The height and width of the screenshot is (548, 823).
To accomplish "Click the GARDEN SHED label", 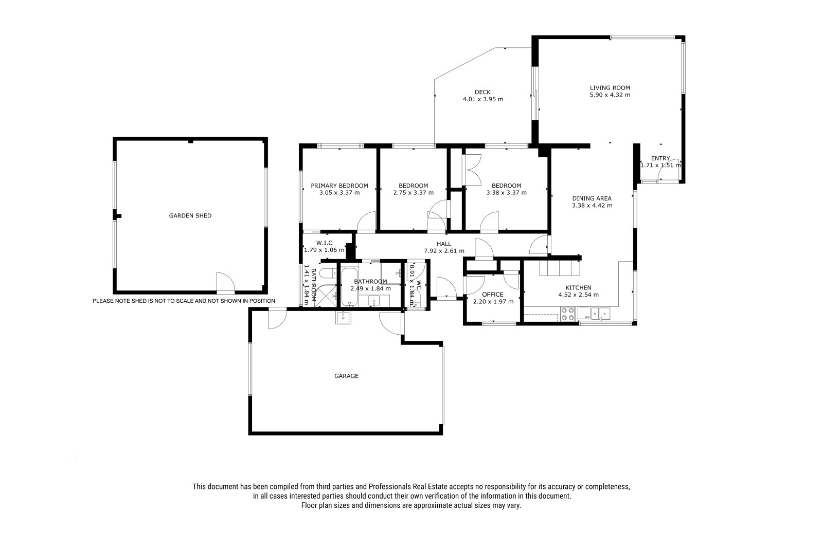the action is (x=190, y=215).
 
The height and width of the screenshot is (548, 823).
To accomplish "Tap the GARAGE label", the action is (x=346, y=376).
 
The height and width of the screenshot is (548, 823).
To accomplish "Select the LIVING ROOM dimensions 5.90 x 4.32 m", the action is (x=610, y=95).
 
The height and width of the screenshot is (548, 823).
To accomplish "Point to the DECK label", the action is (x=482, y=92).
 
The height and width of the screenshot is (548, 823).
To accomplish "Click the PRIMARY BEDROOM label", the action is (x=339, y=186).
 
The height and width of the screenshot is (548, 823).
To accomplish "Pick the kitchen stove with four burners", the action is (x=568, y=315).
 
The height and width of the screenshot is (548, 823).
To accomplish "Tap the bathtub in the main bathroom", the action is (x=349, y=287).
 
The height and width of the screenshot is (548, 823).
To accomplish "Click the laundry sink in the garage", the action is (x=343, y=317).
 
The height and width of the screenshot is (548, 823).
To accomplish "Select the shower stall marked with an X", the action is (x=326, y=295).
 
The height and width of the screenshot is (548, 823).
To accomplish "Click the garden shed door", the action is (x=225, y=283).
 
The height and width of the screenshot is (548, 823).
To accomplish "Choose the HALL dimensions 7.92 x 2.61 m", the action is (x=444, y=251).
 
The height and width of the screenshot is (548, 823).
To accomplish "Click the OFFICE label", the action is (x=493, y=295).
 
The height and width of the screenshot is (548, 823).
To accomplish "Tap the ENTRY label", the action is (x=660, y=158).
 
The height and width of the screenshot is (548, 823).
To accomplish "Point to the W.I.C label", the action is (x=324, y=243).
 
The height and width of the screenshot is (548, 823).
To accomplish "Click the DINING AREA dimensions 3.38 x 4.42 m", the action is (x=592, y=205).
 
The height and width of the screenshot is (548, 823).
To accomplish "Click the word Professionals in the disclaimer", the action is (x=389, y=487).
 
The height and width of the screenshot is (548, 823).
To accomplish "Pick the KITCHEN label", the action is (x=578, y=287).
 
